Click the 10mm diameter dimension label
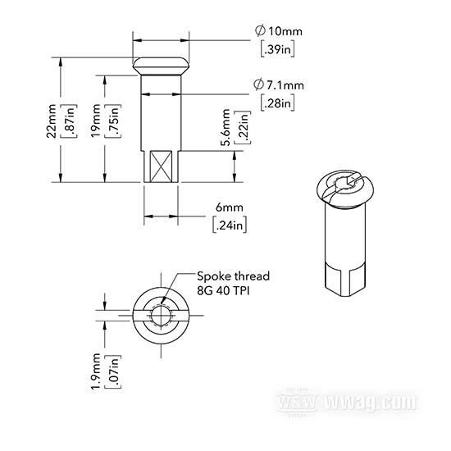tap(279, 31)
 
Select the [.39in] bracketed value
tap(277, 49)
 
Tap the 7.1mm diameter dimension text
tap(279, 84)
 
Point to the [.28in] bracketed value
tap(277, 102)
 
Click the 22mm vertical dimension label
tap(52, 121)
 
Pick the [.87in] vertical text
tap(70, 121)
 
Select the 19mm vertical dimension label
tap(96, 121)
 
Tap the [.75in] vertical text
tap(114, 121)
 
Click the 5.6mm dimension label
tap(226, 127)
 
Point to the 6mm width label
tap(230, 207)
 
